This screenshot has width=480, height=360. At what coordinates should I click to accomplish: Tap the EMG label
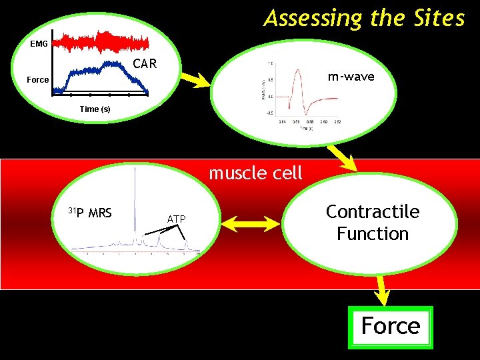click(39, 44)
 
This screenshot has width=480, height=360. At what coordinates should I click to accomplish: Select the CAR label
click(145, 65)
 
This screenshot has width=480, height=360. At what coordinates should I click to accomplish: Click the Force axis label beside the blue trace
click(37, 79)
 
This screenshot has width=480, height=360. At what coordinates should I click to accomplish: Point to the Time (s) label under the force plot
click(95, 109)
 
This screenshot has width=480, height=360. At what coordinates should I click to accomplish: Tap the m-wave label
click(351, 77)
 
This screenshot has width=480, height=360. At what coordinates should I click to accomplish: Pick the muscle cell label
click(255, 173)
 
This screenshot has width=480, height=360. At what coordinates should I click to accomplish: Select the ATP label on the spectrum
click(176, 219)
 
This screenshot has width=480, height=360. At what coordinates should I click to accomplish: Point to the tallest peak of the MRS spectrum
click(135, 200)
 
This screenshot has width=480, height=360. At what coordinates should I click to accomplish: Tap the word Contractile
click(373, 212)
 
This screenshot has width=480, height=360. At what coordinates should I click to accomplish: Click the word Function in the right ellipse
click(373, 234)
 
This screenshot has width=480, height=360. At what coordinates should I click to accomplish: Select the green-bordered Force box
click(391, 327)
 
